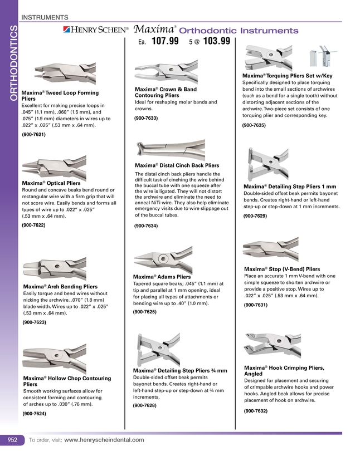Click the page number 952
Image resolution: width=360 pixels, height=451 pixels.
click(x=12, y=440)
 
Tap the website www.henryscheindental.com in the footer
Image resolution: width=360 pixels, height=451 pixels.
click(x=104, y=440)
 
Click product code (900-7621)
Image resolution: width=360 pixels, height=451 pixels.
click(x=33, y=135)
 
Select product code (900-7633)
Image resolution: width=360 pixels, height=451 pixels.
click(x=146, y=118)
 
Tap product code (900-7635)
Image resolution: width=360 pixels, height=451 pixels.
click(x=254, y=126)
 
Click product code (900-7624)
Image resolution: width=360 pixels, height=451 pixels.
click(x=33, y=414)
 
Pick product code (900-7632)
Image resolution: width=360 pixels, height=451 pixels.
click(x=256, y=410)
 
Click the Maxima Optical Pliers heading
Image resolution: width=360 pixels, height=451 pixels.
click(x=51, y=183)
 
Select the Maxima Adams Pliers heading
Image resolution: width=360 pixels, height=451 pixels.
click(x=162, y=277)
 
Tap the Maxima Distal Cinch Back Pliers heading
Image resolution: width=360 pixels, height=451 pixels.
click(x=177, y=165)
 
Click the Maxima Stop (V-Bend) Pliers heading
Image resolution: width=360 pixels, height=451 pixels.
click(x=282, y=269)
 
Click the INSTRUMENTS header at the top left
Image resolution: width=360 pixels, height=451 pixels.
click(x=45, y=18)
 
